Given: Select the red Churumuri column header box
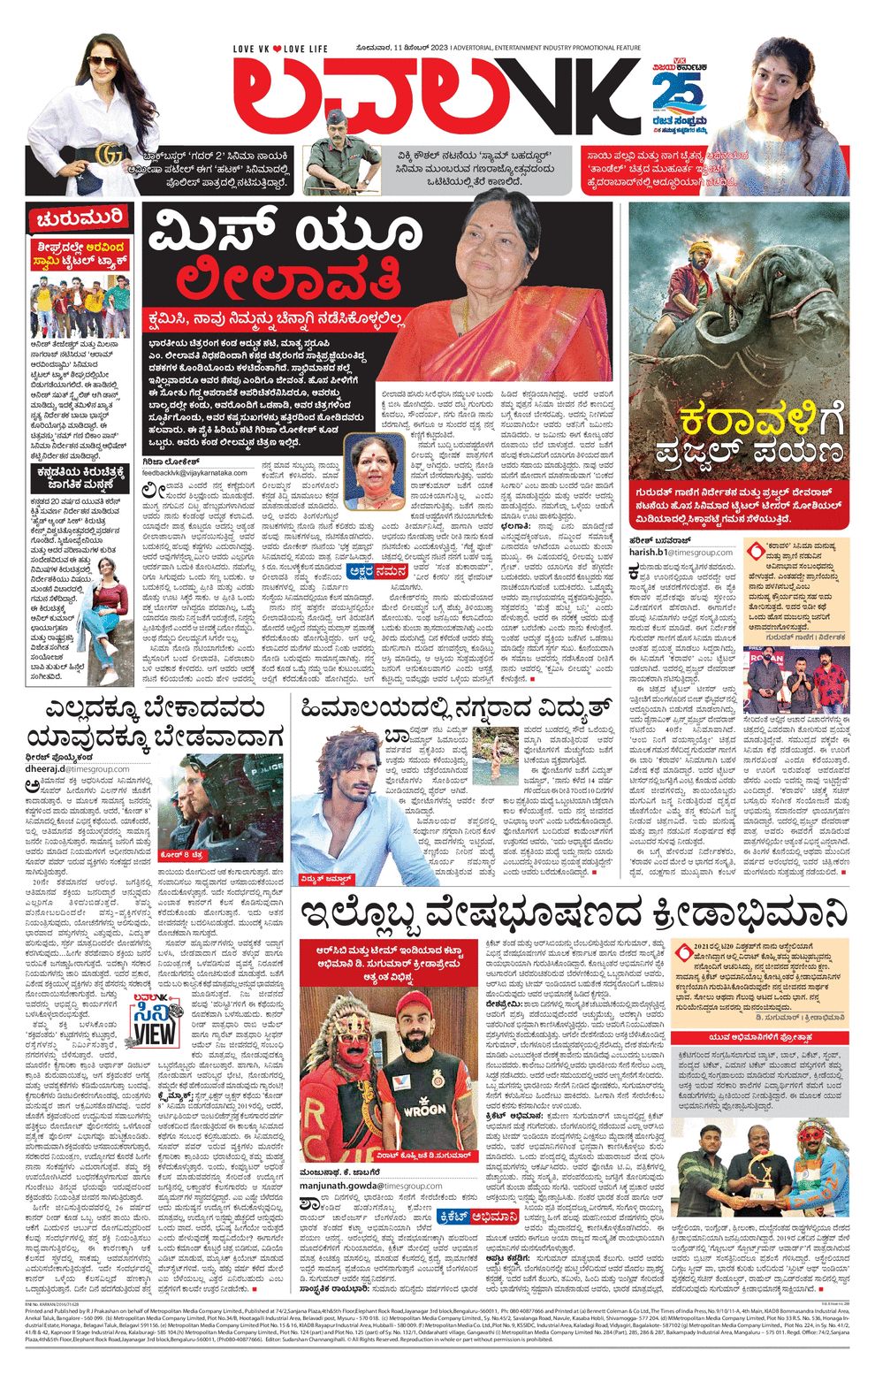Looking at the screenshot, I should (79, 218).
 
